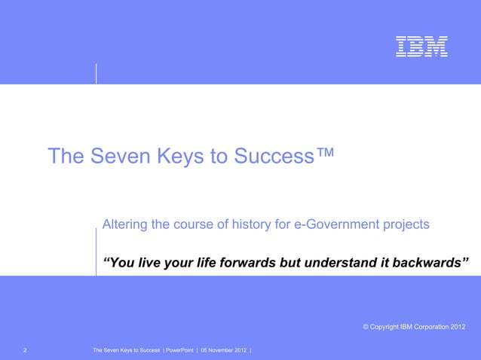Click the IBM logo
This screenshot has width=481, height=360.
pos(421,47)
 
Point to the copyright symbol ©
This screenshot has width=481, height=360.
pos(366,326)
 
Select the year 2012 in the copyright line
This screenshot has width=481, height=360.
pos(457,326)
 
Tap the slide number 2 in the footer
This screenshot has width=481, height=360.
pos(26,350)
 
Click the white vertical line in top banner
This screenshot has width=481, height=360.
pos(97,73)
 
